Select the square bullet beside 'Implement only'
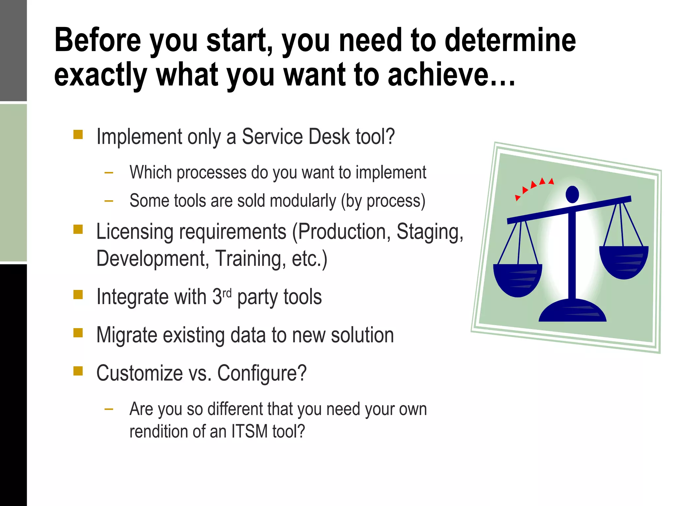pyautogui.click(x=78, y=135)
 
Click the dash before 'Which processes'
pyautogui.click(x=109, y=172)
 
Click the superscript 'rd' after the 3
pyautogui.click(x=227, y=293)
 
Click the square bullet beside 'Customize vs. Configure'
pyautogui.click(x=78, y=371)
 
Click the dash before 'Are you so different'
pyautogui.click(x=109, y=409)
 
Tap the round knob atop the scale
pyautogui.click(x=572, y=194)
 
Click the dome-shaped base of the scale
pyautogui.click(x=572, y=311)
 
